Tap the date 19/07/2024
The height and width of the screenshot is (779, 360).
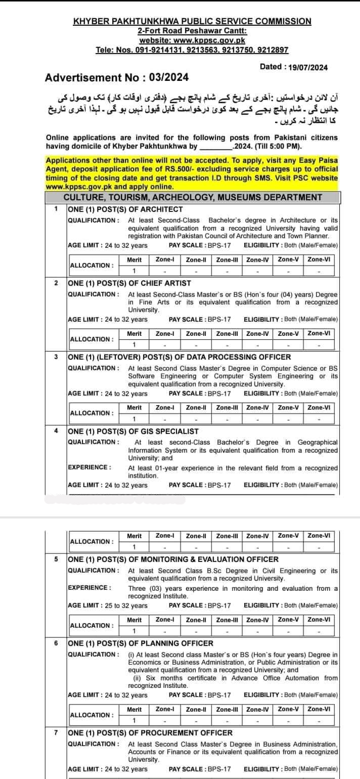307,67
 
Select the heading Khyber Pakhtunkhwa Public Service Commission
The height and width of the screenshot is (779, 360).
192,21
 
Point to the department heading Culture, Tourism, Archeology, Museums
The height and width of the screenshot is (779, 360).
193,197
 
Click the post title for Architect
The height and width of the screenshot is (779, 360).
125,209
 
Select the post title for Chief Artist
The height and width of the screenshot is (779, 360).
129,283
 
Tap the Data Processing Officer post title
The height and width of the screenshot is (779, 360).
179,357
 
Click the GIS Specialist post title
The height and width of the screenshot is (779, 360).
133,431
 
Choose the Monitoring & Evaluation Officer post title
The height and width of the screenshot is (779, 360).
173,559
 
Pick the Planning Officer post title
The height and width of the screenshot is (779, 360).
141,643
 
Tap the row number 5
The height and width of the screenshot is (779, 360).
56,559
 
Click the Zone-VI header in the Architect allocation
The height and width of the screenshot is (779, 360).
319,259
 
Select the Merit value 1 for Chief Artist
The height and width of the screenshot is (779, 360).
134,344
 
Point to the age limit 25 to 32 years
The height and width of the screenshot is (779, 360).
108,605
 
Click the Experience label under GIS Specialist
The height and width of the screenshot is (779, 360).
89,467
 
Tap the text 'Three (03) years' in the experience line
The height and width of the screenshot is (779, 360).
153,588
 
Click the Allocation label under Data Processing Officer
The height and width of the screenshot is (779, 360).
91,413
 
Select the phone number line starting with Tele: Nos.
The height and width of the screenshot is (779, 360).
192,50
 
